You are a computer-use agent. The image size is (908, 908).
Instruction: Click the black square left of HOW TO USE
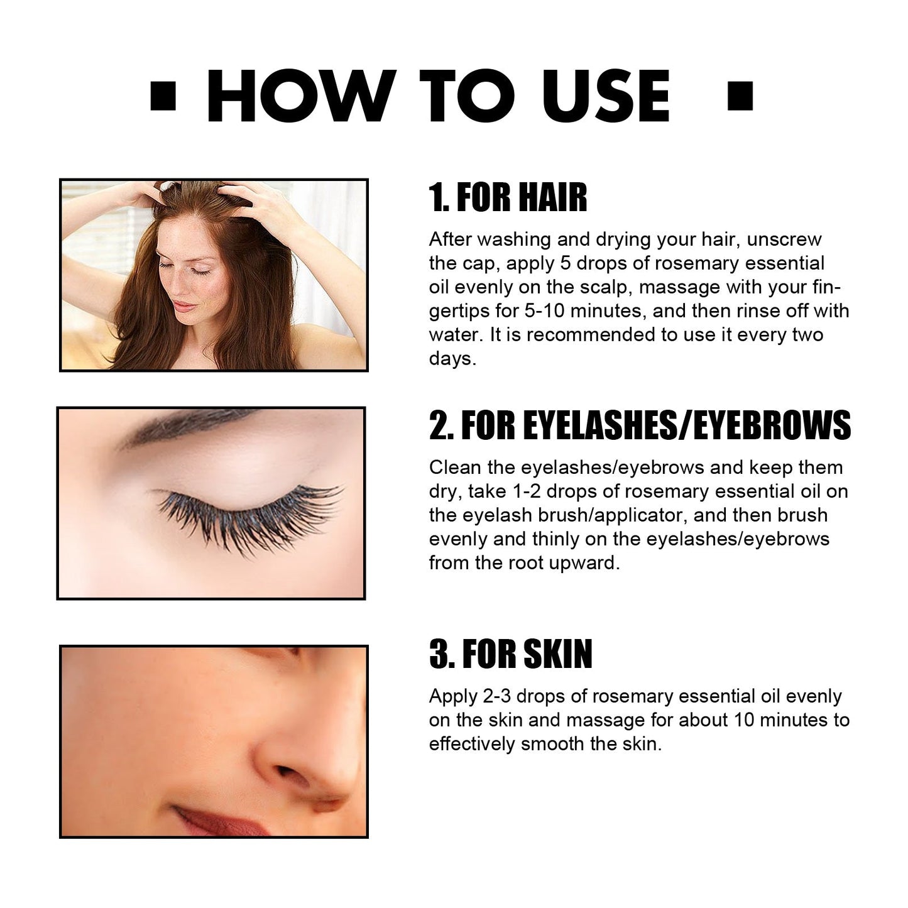(163, 96)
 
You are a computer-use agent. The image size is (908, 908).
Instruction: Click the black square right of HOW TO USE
(740, 96)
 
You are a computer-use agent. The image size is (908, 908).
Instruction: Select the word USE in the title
(606, 96)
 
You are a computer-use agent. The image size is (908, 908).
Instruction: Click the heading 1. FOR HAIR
(508, 197)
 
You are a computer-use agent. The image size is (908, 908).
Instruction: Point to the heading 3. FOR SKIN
(511, 654)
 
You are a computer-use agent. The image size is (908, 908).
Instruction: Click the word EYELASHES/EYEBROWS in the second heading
(687, 425)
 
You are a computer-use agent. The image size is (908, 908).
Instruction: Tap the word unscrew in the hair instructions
(784, 240)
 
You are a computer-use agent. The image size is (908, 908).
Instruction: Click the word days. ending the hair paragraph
(452, 359)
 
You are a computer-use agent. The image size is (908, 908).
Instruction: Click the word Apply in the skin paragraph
(453, 697)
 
